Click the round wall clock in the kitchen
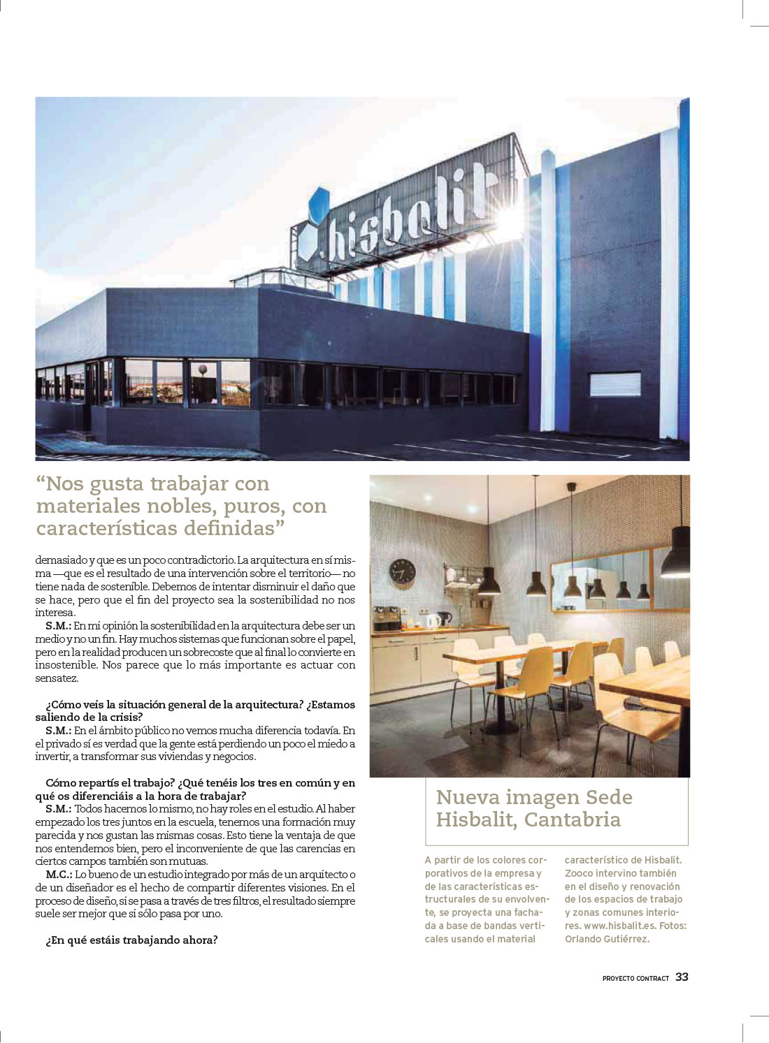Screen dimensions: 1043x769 (x=402, y=571)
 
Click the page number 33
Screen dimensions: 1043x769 (x=682, y=977)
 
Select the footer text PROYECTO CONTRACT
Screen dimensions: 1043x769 (x=635, y=978)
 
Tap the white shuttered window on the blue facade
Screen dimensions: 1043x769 (x=615, y=384)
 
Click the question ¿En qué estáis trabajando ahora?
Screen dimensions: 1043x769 (x=131, y=940)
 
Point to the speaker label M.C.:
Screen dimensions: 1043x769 (x=59, y=875)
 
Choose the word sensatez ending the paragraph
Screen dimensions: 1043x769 (x=56, y=678)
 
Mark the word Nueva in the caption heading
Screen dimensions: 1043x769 (x=467, y=797)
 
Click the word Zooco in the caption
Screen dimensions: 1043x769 (x=580, y=873)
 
